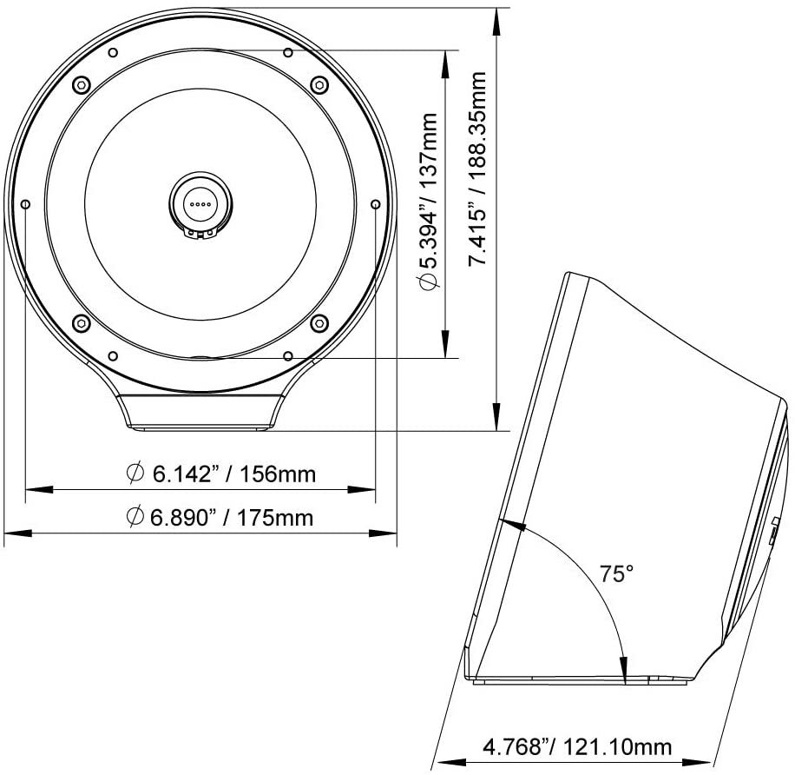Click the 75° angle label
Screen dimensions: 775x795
point(617,573)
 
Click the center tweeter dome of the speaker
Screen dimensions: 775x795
point(200,201)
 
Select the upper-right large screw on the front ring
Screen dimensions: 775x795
point(319,84)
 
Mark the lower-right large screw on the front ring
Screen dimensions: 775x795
point(318,322)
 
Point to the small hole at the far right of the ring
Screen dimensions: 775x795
point(375,203)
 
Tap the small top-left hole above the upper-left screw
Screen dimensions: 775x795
point(112,52)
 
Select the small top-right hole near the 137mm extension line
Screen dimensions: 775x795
point(287,52)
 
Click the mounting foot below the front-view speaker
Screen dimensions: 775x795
point(200,412)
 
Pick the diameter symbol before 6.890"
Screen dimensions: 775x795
point(135,517)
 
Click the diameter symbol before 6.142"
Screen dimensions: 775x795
point(135,474)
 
